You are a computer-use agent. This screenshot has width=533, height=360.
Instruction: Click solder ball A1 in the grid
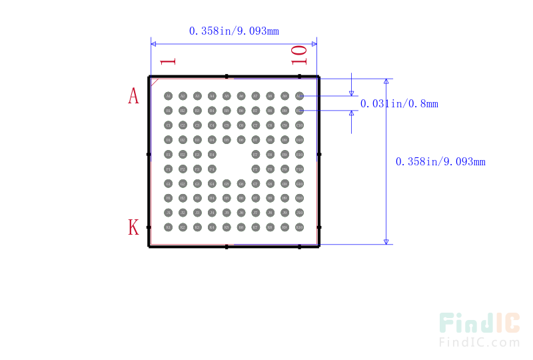(168, 96)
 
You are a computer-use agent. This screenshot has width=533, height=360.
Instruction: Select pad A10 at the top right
(299, 96)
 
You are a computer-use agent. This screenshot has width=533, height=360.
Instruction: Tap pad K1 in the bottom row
(168, 227)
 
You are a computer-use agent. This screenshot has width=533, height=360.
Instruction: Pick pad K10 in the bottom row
(299, 227)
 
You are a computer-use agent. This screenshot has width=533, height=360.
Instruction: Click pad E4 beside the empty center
(212, 154)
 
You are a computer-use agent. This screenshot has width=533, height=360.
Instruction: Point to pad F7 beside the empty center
(255, 169)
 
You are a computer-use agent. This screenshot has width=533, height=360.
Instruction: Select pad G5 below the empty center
(227, 183)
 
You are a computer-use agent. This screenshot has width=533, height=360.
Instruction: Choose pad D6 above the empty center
(241, 139)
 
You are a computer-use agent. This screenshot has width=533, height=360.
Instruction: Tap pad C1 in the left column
(168, 125)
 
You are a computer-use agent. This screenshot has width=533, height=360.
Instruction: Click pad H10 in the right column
(299, 198)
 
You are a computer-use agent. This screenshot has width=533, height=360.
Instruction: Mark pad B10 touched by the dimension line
(299, 111)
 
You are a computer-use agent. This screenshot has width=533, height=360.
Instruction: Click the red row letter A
(133, 96)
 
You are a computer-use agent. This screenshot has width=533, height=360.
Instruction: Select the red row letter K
(133, 227)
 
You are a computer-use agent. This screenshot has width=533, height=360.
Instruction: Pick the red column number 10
(299, 55)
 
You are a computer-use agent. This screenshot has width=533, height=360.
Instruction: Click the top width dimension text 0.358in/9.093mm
(233, 31)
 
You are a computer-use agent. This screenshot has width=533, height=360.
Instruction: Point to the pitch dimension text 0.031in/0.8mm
(399, 103)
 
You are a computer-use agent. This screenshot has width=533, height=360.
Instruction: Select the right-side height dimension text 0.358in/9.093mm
(440, 161)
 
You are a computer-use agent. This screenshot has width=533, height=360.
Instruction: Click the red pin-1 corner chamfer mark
(155, 82)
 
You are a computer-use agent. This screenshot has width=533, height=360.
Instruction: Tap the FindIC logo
(479, 329)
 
